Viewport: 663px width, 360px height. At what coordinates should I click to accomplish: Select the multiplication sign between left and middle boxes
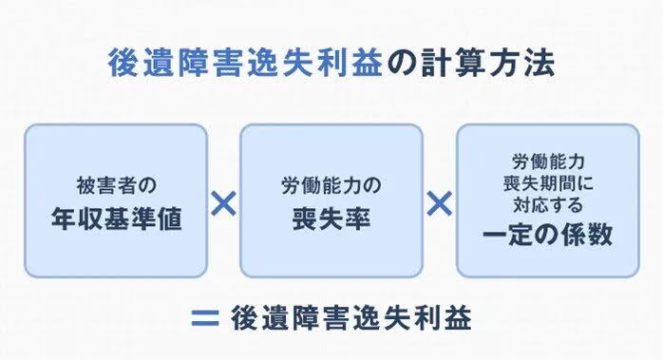click(222, 202)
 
